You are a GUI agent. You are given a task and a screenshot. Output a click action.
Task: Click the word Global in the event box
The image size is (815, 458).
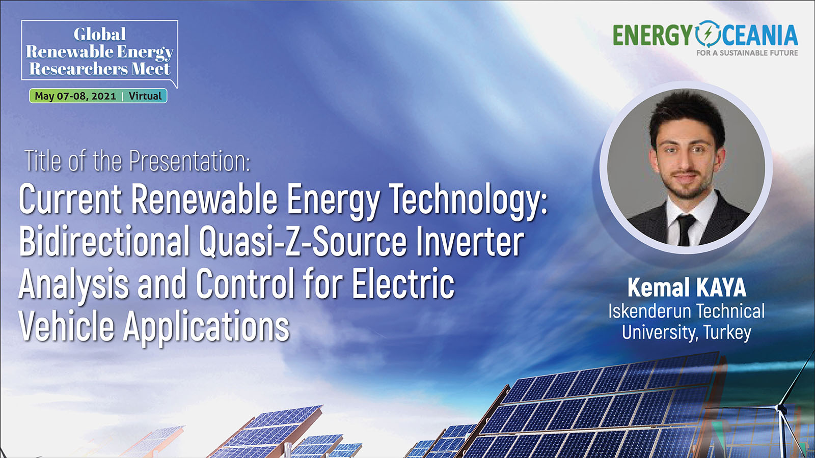tap(100, 34)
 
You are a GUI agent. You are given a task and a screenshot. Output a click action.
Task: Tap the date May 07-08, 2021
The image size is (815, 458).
tap(75, 96)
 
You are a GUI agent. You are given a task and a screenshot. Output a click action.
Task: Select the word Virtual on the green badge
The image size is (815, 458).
tap(145, 96)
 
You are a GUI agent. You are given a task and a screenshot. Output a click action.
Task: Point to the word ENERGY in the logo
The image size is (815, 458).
tap(653, 35)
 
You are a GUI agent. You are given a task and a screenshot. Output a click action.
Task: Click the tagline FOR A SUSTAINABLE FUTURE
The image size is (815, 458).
tap(747, 53)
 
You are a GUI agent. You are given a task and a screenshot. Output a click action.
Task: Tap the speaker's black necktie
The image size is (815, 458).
tap(685, 230)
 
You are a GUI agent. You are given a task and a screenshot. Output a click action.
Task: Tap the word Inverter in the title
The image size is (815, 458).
tap(470, 241)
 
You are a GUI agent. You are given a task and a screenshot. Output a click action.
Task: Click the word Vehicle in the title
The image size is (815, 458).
tap(67, 325)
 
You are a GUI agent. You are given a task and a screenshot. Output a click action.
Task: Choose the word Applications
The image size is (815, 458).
tap(206, 326)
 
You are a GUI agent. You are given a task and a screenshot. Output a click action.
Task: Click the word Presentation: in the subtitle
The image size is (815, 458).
tap(189, 161)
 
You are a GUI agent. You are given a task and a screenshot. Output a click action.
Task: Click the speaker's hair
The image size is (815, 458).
tap(686, 112)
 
